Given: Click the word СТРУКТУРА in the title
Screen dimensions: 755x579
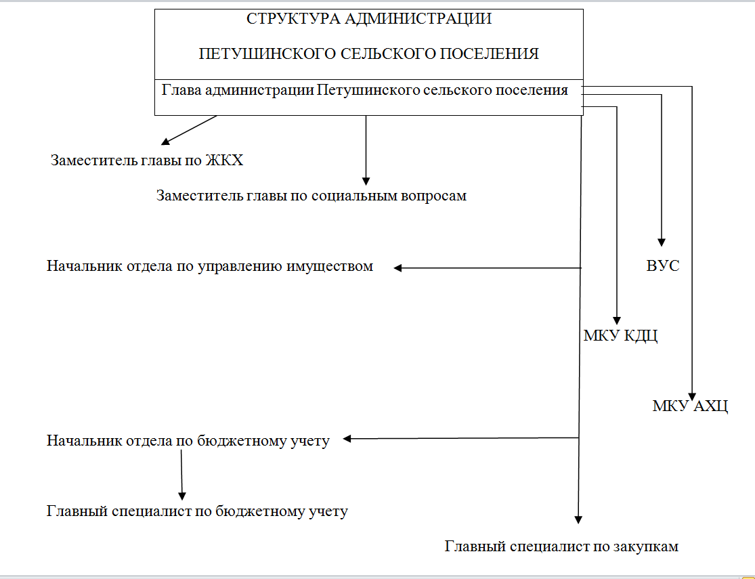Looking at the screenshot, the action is coord(293,19).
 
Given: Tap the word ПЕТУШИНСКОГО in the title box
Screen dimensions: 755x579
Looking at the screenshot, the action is coord(267,53).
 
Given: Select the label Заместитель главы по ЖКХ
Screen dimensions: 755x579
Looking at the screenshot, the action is coord(147,160).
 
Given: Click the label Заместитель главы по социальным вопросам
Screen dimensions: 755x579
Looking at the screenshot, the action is coord(311,196).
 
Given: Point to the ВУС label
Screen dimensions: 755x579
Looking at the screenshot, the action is coord(662,265).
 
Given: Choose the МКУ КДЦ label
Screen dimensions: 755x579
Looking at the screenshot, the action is coord(620,335).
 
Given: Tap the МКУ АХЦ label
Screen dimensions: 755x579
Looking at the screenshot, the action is coord(690,406).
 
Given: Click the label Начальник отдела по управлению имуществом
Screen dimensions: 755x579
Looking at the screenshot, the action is coord(210,266).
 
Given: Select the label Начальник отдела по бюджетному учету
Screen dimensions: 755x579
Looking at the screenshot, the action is coord(188,441).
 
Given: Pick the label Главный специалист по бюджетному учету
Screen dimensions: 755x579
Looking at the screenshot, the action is coord(197,511).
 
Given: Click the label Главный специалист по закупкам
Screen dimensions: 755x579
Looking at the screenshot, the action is coord(561,546).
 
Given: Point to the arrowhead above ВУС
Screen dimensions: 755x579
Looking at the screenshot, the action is coord(662,242).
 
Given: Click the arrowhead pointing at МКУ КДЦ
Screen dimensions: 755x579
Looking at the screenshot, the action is coord(617,321).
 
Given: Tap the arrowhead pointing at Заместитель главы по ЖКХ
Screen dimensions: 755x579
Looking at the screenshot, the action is coord(166,141).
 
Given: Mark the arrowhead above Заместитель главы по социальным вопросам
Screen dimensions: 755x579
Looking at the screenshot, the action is coord(366,181).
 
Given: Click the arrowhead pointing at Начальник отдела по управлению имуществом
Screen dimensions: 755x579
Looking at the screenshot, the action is coord(397,267).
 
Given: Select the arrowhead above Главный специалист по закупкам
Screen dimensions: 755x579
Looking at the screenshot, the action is coord(578,520).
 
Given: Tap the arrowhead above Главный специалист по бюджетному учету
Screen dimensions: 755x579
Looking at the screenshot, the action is coord(182,496).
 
